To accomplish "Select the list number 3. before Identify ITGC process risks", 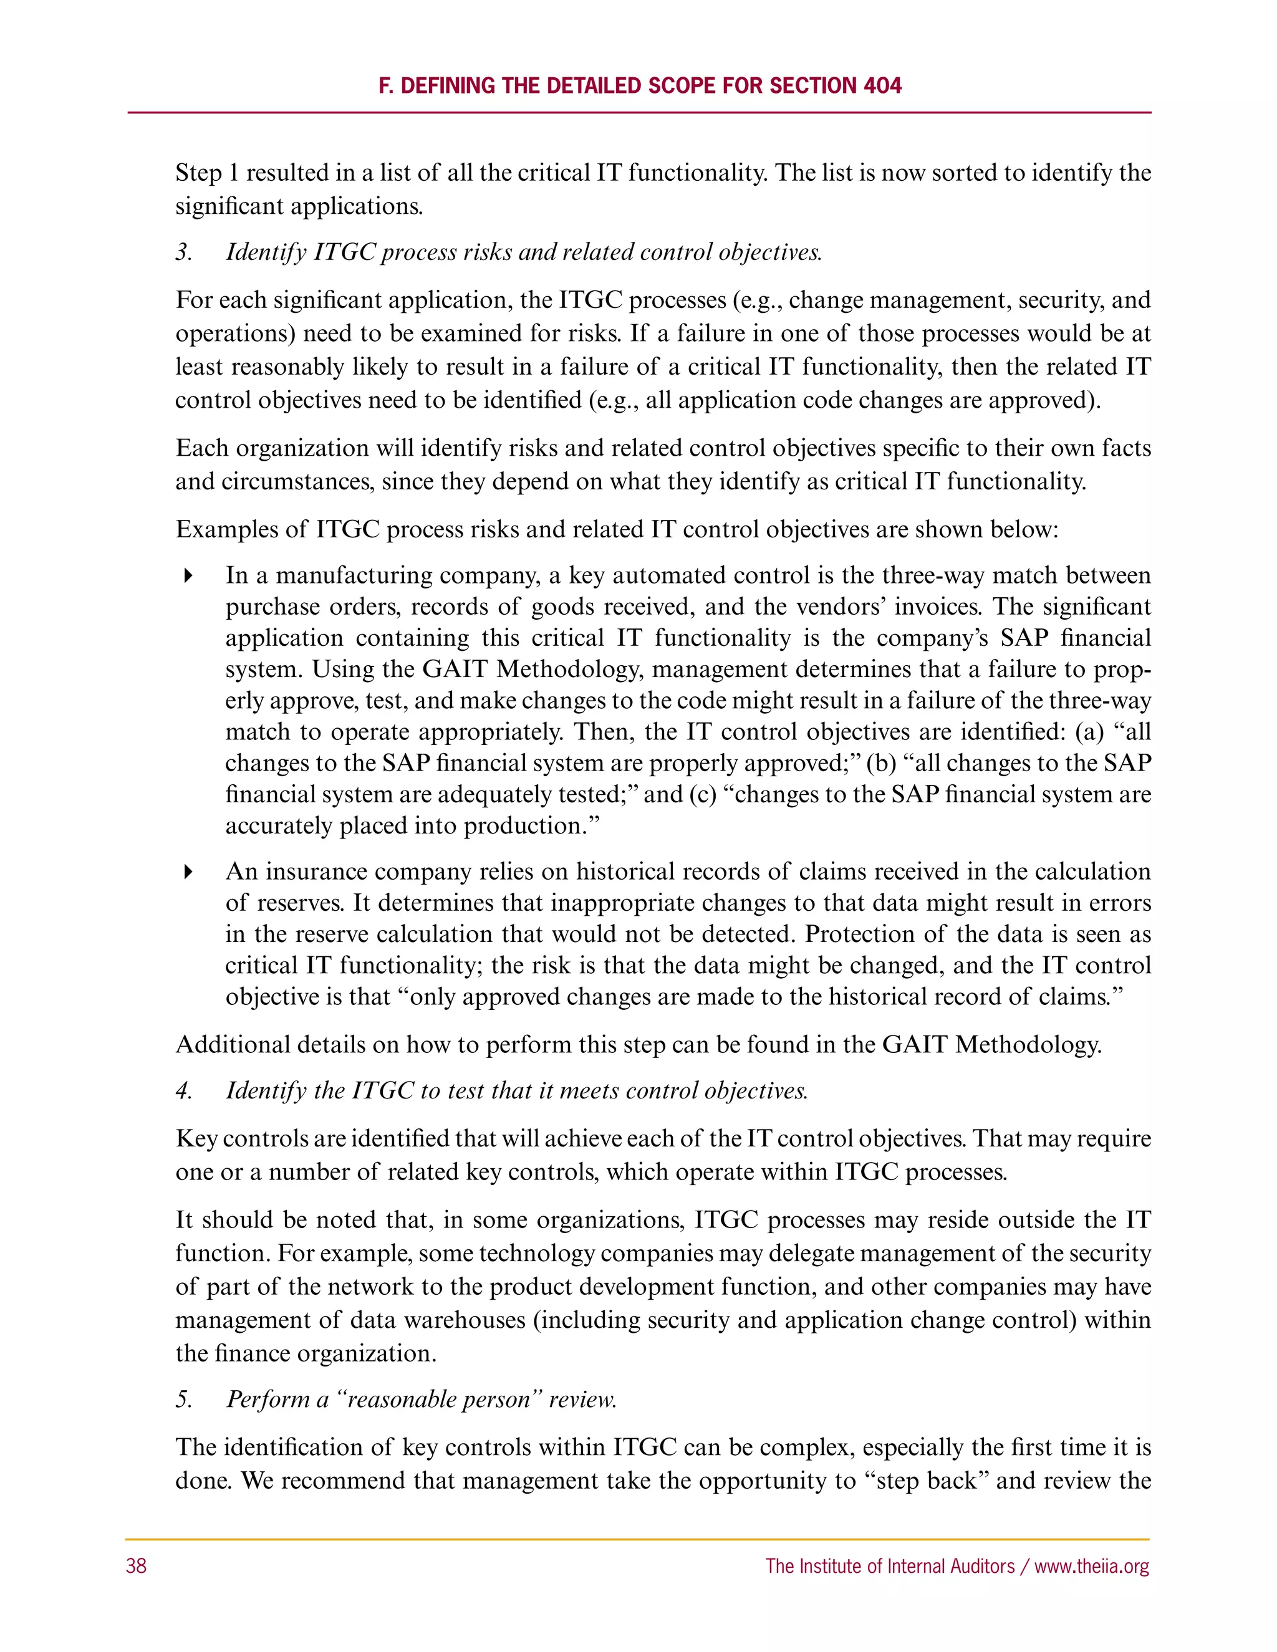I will coord(184,252).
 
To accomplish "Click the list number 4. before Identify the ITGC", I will coord(184,1091).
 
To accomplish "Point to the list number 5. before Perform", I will coord(184,1400).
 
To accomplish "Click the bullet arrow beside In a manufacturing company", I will coord(188,575).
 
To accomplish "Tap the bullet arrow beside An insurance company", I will coord(188,872).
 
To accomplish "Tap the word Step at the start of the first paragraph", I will coord(198,173).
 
